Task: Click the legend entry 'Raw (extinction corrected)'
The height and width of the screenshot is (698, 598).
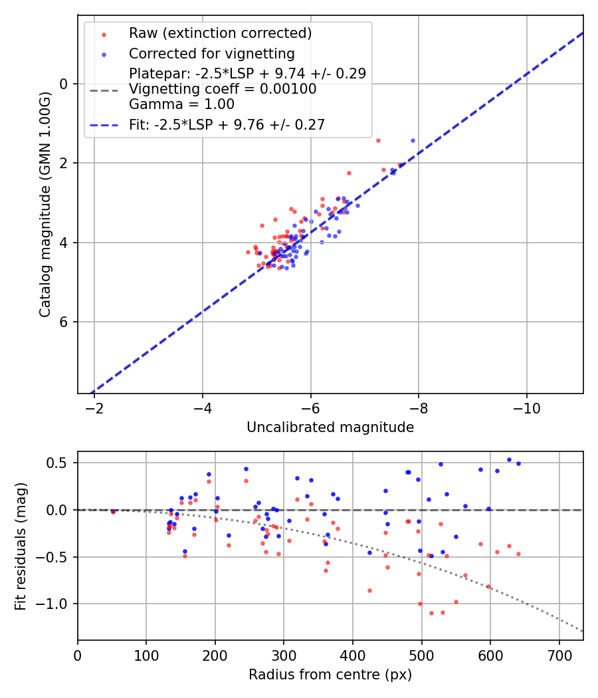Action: (220, 33)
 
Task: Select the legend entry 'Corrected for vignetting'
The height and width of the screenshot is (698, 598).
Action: (211, 53)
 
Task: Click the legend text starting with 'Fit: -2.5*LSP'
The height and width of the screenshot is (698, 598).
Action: (227, 124)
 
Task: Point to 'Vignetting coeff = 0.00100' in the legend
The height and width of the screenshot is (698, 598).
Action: (223, 89)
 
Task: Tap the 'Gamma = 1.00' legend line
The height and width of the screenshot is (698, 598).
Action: (181, 104)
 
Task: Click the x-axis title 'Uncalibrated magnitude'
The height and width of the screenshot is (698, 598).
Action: (330, 427)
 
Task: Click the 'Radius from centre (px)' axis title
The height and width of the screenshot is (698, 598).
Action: (330, 675)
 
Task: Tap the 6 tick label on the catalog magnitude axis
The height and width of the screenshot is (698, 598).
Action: (64, 322)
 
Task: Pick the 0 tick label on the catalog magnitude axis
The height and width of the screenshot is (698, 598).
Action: (64, 84)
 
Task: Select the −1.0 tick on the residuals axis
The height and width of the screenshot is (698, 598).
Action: (56, 604)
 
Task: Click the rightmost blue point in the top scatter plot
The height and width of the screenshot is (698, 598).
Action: (413, 141)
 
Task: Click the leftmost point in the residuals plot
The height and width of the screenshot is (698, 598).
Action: (113, 511)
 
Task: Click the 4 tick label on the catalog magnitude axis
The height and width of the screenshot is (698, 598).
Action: (64, 243)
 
